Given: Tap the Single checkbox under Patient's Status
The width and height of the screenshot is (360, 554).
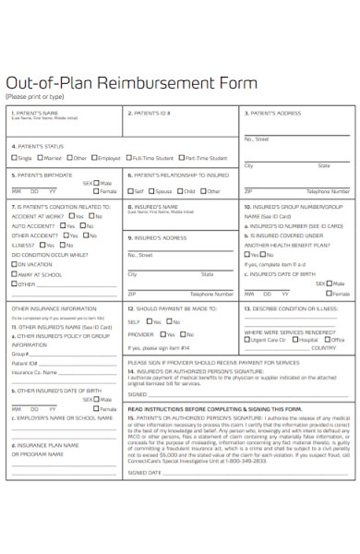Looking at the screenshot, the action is point(14,158).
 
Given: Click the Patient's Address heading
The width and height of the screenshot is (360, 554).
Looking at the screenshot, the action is point(275,114).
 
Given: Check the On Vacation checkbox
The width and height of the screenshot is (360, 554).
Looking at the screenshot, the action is point(14,264).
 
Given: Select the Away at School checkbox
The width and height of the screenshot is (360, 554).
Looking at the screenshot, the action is point(14,274).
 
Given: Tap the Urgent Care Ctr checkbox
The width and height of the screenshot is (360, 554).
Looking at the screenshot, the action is point(246,340).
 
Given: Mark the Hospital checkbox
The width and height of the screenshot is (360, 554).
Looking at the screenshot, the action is point(294,340).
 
